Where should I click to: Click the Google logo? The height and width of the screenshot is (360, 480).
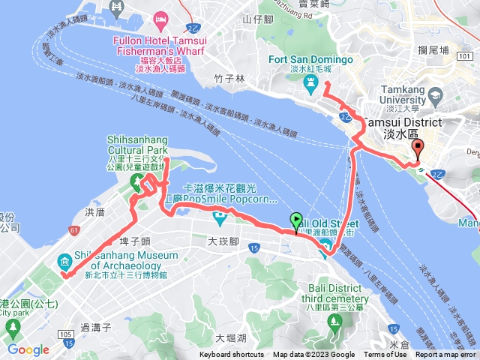(x=28, y=349)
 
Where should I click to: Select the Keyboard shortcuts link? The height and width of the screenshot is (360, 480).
(x=231, y=355)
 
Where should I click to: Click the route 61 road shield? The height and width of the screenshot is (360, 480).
(x=73, y=230)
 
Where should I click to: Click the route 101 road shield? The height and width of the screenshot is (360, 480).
(x=465, y=56)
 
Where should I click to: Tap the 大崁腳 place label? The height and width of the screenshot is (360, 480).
(x=223, y=241)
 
